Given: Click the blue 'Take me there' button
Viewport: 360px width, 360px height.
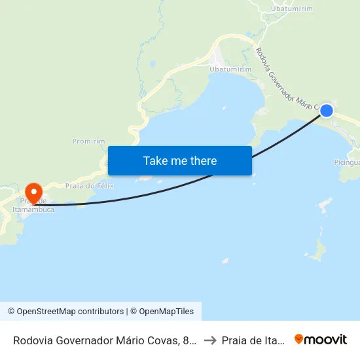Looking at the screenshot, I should tap(180, 160).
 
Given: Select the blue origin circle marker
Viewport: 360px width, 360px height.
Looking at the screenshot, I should tap(326, 111).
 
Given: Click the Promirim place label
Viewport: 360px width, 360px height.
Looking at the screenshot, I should tap(88, 141).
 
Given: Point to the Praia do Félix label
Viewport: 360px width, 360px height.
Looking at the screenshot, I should tap(90, 186).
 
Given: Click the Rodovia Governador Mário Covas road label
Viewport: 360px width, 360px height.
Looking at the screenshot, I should tap(285, 79).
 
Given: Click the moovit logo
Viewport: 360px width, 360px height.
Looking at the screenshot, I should tap(321, 340).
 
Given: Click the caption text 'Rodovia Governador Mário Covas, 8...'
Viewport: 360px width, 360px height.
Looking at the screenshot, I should tap(104, 340).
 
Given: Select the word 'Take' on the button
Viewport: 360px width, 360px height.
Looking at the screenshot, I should tap(155, 160).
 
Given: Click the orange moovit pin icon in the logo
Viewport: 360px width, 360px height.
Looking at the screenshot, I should tap(299, 340).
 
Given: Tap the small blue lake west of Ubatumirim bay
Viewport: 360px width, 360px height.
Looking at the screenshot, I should tap(153, 64).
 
